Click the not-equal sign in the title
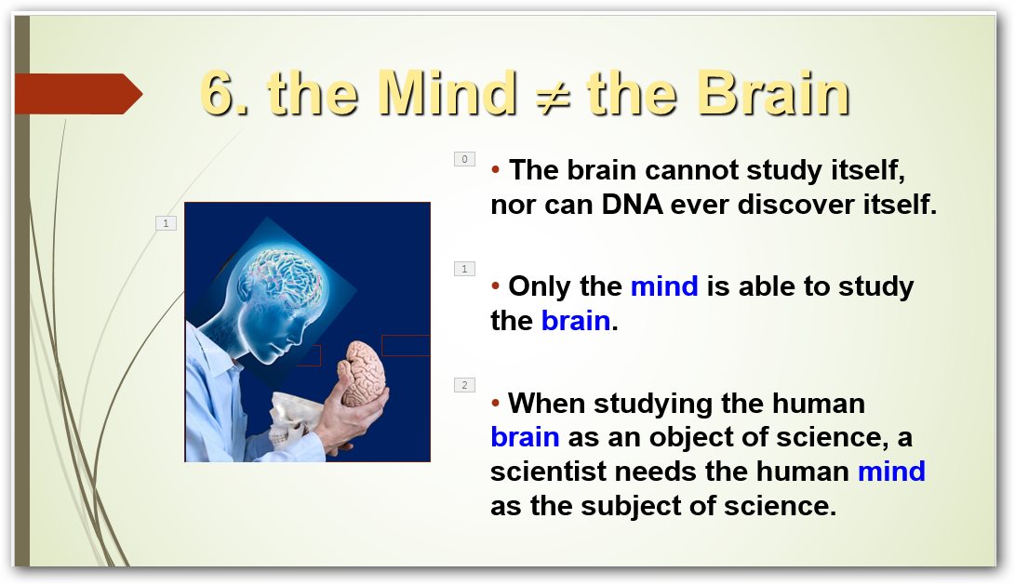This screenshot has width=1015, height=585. (553, 95)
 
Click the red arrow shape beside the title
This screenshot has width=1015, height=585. (78, 94)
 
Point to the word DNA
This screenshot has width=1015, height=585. (633, 205)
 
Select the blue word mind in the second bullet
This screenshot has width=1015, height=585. (664, 286)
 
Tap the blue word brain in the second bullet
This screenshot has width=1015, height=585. (576, 320)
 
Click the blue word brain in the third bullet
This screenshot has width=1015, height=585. (525, 437)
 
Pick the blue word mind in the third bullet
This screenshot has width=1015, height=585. (891, 472)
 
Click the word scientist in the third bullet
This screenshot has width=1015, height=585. (548, 472)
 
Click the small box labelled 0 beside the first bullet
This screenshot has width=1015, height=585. (465, 159)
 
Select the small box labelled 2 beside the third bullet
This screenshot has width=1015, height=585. (465, 385)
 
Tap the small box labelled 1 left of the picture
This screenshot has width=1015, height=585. (166, 223)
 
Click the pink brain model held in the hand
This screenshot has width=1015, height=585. (363, 373)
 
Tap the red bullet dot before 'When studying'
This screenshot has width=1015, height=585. (495, 403)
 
